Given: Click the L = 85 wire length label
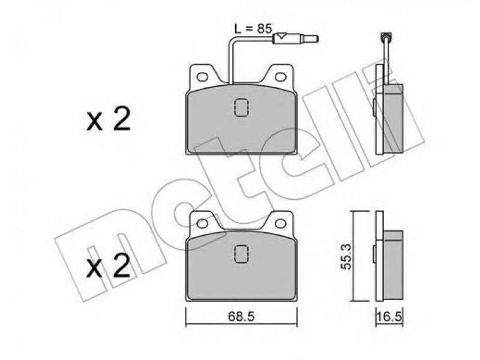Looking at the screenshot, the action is click(253, 28).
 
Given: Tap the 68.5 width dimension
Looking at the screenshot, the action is click(241, 316).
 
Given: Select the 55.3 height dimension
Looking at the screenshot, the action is click(347, 257).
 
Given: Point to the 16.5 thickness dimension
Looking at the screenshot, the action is click(389, 316).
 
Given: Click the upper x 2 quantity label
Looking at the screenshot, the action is click(109, 119).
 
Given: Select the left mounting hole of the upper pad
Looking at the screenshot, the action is click(202, 77).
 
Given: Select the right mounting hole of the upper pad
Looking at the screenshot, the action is click(280, 77).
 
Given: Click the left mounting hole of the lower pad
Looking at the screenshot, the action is click(202, 223).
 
